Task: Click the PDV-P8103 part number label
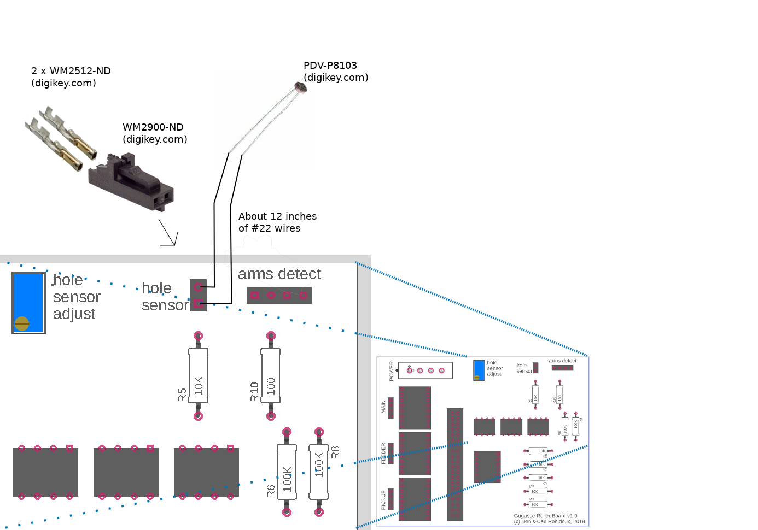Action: (330, 66)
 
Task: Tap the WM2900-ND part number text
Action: (153, 127)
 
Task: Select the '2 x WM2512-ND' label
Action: (71, 71)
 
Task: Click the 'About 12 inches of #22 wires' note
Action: (277, 222)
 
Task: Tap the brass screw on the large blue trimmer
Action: (22, 323)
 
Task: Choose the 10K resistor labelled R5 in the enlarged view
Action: (199, 376)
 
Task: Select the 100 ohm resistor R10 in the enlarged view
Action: (271, 376)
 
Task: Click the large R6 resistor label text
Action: (271, 491)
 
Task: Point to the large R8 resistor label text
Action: (335, 452)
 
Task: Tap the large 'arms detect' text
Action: (279, 274)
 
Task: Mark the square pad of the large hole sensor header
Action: (198, 304)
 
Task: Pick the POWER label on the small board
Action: (392, 371)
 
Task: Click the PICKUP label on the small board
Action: (383, 500)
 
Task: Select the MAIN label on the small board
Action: (383, 407)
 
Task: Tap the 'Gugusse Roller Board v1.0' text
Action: (545, 516)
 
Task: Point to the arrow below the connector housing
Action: (169, 234)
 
